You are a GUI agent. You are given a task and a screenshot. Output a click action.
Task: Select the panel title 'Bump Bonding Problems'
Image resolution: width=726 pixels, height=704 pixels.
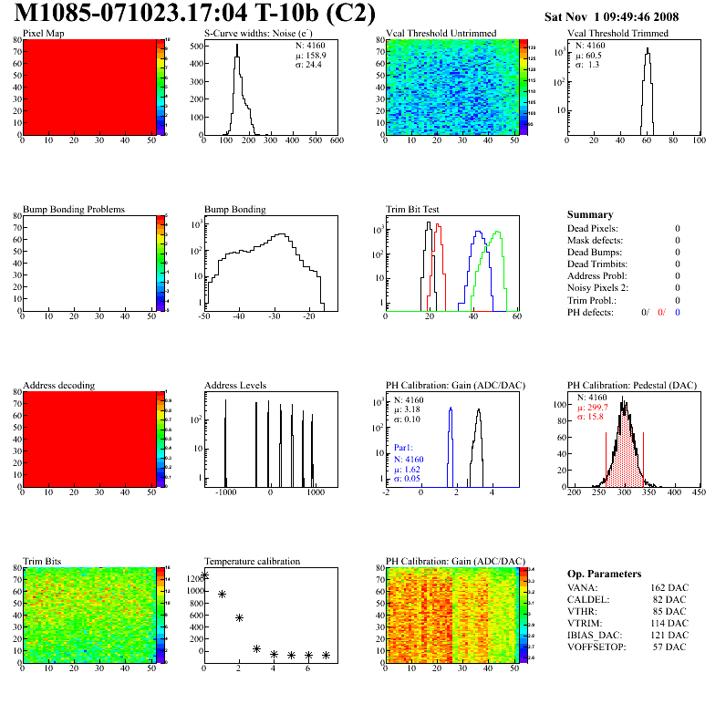pos(74,209)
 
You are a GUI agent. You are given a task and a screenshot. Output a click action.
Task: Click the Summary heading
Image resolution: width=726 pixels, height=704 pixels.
pos(590,214)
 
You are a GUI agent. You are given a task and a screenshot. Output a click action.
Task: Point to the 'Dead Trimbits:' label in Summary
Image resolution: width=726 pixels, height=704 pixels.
pos(599,264)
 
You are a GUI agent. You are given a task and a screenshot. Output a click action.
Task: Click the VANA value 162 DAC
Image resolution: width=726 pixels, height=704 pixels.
pos(671,587)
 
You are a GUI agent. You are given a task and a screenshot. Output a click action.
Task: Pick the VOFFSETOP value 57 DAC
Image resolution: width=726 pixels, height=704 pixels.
pos(671,647)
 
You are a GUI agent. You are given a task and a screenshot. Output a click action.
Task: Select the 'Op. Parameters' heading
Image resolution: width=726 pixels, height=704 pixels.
pos(604,574)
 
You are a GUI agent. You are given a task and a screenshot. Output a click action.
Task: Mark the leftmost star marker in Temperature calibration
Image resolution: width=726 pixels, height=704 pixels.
pos(204,575)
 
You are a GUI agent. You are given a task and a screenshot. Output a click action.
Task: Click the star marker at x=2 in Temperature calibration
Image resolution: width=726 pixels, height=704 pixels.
pos(239,617)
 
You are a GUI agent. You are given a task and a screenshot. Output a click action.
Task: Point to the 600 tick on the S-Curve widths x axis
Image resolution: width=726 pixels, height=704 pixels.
pos(335,141)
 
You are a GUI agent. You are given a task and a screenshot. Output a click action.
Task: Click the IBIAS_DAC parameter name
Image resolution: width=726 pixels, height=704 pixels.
pos(598,635)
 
